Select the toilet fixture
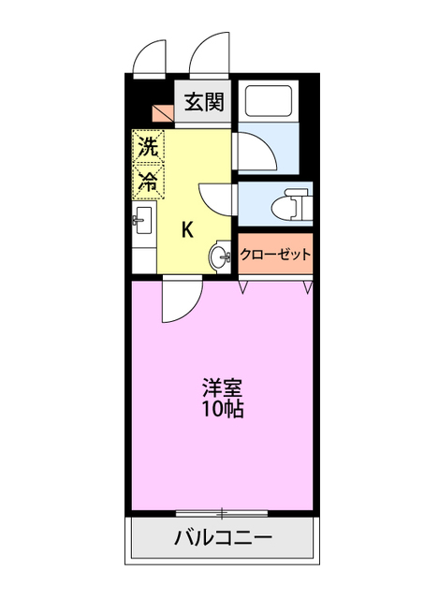pyautogui.click(x=293, y=203)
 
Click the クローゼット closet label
pyautogui.click(x=274, y=254)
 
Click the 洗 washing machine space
pyautogui.click(x=148, y=146)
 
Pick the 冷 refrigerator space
pyautogui.click(x=148, y=181)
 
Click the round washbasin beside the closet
pyautogui.click(x=221, y=257)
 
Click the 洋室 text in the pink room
pyautogui.click(x=222, y=387)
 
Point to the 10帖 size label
pyautogui.click(x=222, y=409)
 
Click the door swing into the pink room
pyautogui.click(x=181, y=301)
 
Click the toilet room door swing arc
pyautogui.click(x=217, y=199)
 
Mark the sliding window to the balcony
pyautogui.click(x=222, y=513)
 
